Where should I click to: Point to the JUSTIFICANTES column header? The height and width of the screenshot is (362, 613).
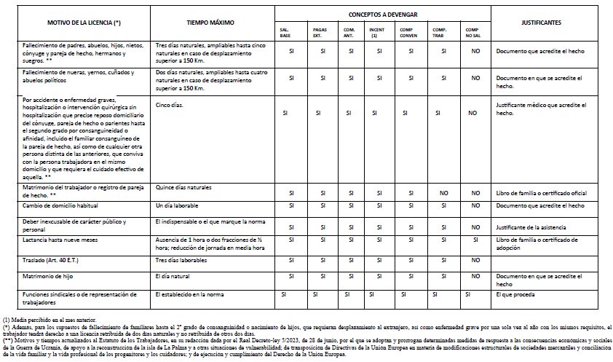pos(541,23)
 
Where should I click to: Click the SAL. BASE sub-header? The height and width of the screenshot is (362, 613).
pos(285,32)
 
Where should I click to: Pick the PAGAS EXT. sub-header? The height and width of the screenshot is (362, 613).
pos(321,32)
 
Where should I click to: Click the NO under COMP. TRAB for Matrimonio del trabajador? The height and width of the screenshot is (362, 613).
pos(443,193)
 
